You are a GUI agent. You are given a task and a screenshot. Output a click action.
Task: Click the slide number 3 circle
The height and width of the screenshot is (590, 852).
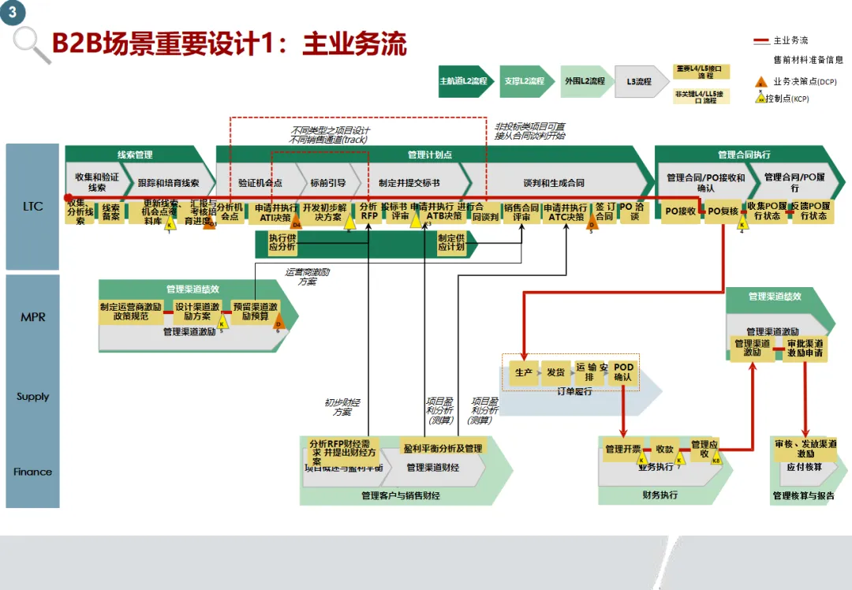tap(12, 13)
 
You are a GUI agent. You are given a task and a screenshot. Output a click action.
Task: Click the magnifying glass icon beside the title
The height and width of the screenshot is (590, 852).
tap(31, 43)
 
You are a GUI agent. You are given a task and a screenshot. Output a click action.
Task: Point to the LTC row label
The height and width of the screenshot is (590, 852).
tap(32, 207)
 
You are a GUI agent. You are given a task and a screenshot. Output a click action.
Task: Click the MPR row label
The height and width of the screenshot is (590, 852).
tap(32, 317)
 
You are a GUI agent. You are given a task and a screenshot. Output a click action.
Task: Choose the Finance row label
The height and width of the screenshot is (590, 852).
tap(32, 472)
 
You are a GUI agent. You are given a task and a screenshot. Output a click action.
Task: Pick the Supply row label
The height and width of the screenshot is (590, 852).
tap(32, 397)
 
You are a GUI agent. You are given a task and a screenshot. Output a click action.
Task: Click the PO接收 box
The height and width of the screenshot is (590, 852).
tap(680, 211)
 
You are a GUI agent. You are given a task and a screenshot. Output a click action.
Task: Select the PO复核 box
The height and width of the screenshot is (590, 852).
tap(723, 211)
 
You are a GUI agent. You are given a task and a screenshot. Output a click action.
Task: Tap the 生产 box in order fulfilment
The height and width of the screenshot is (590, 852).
tap(523, 372)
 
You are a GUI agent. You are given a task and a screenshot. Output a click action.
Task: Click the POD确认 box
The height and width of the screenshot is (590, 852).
tap(623, 372)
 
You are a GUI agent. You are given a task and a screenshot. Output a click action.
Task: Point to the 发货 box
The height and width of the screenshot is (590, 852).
tap(555, 372)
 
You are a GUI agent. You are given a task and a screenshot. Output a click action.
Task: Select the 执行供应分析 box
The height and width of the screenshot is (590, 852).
tap(282, 242)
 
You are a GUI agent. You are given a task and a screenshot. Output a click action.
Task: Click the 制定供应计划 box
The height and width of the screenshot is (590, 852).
tap(451, 242)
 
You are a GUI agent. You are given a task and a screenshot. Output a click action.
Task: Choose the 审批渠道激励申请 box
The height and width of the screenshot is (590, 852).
tap(805, 349)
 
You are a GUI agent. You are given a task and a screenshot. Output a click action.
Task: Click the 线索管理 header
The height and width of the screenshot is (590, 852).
tap(135, 155)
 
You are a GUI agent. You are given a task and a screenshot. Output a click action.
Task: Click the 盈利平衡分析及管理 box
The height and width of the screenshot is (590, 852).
tap(443, 448)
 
